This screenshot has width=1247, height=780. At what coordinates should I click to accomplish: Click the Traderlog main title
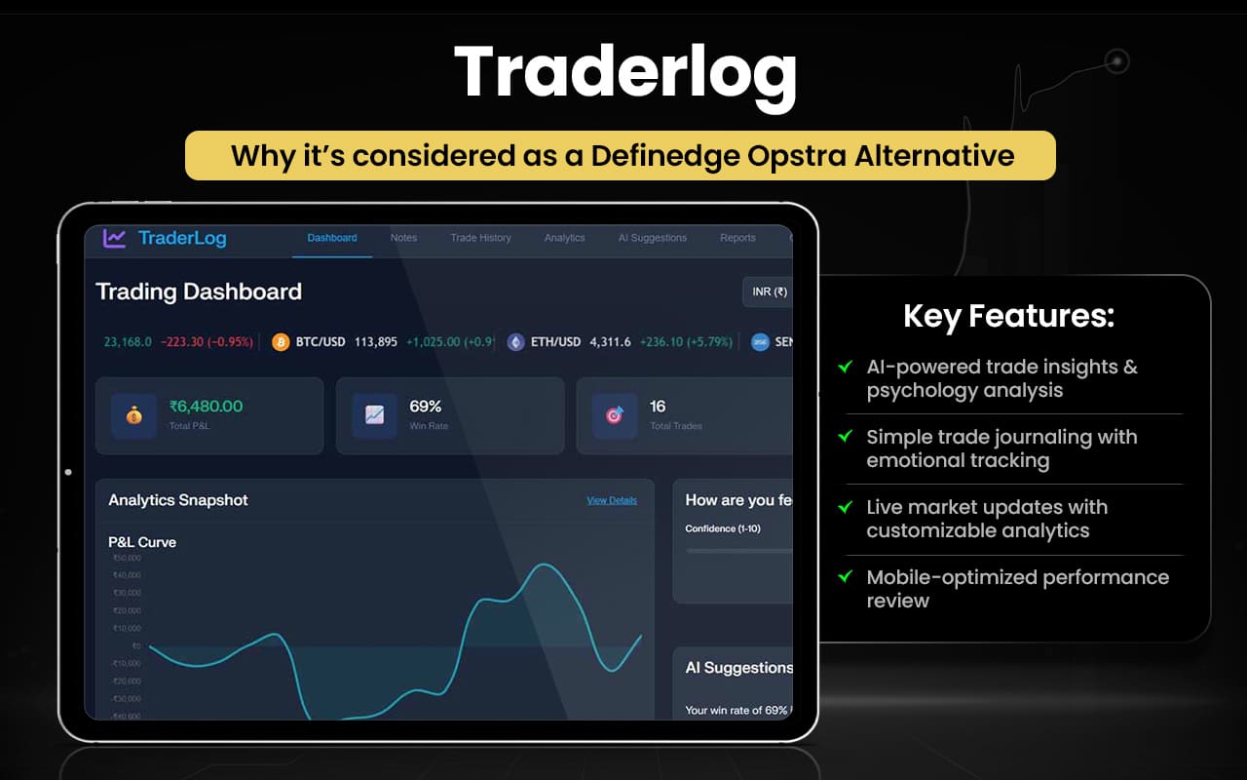623,71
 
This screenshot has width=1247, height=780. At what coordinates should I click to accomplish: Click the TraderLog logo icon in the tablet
115,238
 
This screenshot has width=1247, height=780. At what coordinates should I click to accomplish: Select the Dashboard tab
332,238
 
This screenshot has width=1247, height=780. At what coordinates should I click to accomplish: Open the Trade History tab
480,238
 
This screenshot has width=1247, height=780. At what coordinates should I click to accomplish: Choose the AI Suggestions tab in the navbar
652,238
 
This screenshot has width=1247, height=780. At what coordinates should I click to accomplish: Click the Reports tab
737,238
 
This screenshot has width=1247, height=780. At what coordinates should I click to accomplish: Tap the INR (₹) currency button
768,292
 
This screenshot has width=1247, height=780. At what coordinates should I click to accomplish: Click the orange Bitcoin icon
281,342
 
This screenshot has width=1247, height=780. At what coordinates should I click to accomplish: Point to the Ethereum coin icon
515,342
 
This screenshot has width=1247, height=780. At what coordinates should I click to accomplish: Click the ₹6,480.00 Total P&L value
206,407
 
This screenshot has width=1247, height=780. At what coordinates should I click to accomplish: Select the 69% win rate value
426,407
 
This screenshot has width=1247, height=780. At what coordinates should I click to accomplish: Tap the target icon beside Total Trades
615,415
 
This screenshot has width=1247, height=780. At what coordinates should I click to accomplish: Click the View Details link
611,500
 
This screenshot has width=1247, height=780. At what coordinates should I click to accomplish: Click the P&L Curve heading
142,542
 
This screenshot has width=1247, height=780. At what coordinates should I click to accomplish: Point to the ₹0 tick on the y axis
135,645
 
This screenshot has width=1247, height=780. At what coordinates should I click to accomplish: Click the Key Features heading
1008,316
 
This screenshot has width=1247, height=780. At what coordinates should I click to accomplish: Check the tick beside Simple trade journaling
846,437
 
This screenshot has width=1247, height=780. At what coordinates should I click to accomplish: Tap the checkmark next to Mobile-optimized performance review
846,577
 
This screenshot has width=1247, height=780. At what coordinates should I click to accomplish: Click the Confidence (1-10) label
722,528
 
